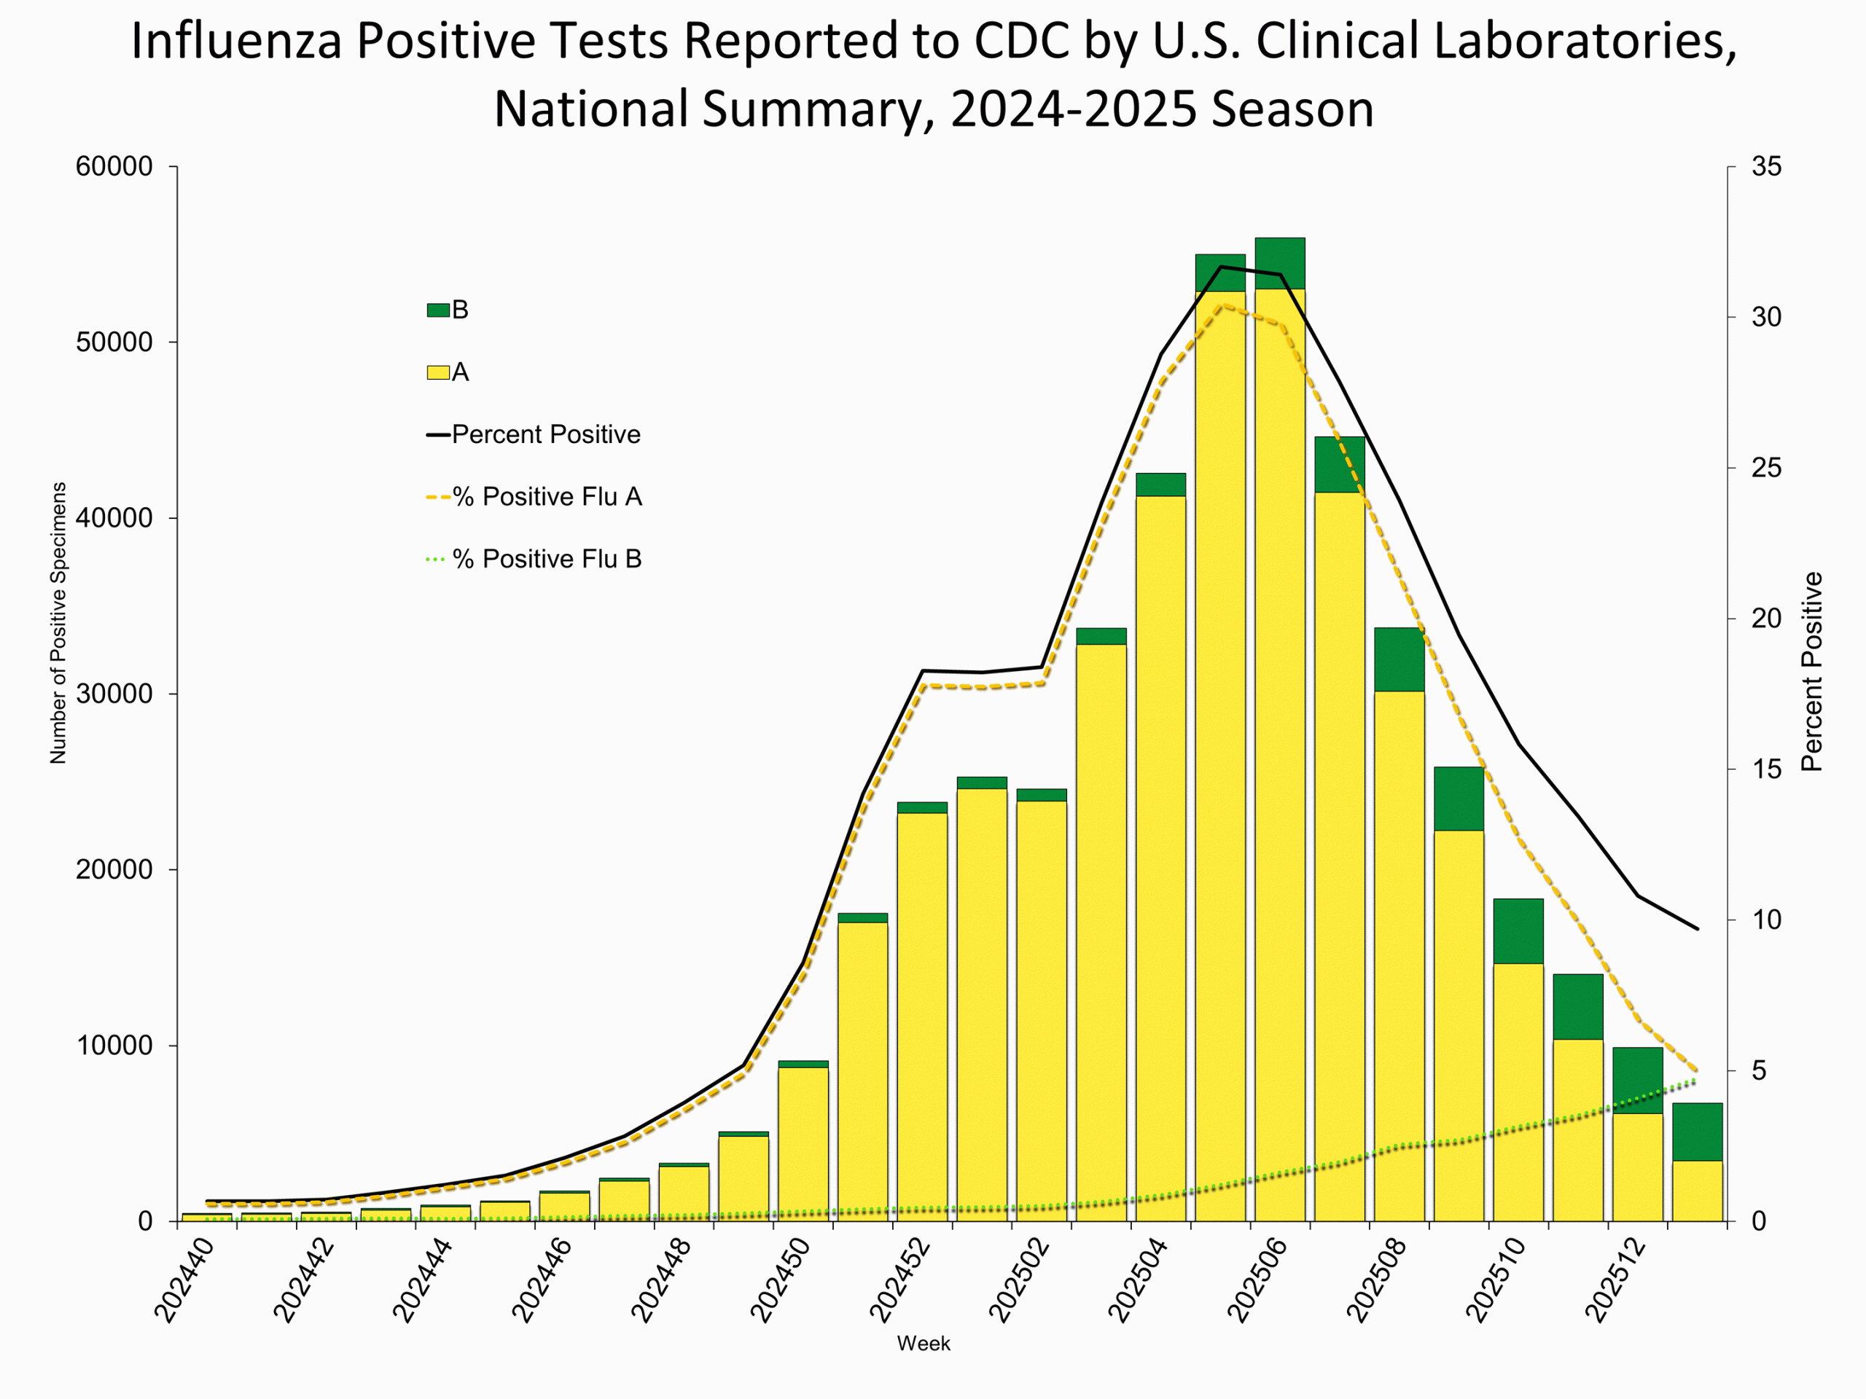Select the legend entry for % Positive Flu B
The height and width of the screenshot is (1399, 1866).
547,559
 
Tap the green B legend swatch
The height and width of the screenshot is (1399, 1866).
438,310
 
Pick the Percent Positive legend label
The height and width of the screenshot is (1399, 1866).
546,434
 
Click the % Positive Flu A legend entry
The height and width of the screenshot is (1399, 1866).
547,497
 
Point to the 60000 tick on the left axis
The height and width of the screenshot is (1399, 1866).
114,167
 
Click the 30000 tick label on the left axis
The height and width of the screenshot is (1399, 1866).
114,694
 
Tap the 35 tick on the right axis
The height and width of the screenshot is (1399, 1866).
1766,167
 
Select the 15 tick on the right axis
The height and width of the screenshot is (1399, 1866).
1766,769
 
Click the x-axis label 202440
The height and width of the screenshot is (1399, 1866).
184,1280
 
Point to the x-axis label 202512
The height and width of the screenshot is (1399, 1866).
1615,1280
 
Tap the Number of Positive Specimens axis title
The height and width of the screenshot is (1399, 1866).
58,623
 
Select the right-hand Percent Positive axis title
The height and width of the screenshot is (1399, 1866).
1812,672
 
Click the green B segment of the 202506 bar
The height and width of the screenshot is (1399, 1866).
1280,264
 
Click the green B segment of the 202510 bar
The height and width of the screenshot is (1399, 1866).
1518,931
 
